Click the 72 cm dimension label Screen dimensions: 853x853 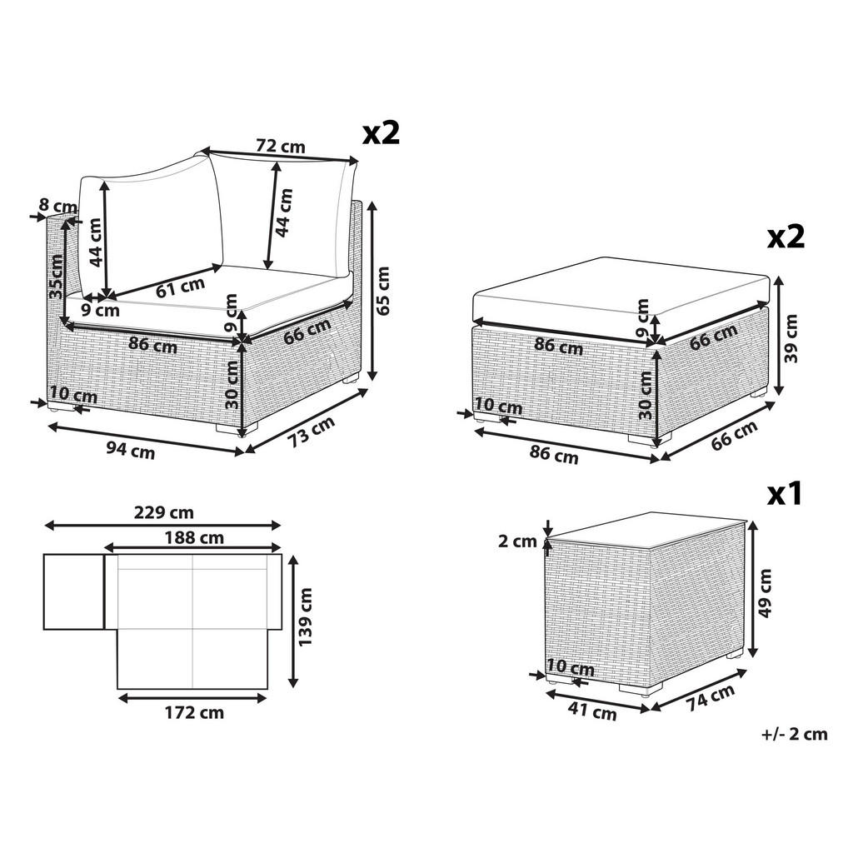point(280,147)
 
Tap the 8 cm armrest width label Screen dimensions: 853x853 point(57,205)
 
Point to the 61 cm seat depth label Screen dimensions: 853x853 point(180,287)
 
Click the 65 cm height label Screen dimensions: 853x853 point(382,290)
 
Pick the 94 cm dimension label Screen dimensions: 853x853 point(131,451)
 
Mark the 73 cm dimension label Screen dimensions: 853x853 point(311,433)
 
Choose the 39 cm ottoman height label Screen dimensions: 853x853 point(791,337)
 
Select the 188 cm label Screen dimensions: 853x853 point(193,537)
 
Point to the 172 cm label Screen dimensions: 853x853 point(193,712)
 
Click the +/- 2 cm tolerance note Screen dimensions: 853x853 point(794,734)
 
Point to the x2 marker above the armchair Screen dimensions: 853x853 point(381,132)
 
